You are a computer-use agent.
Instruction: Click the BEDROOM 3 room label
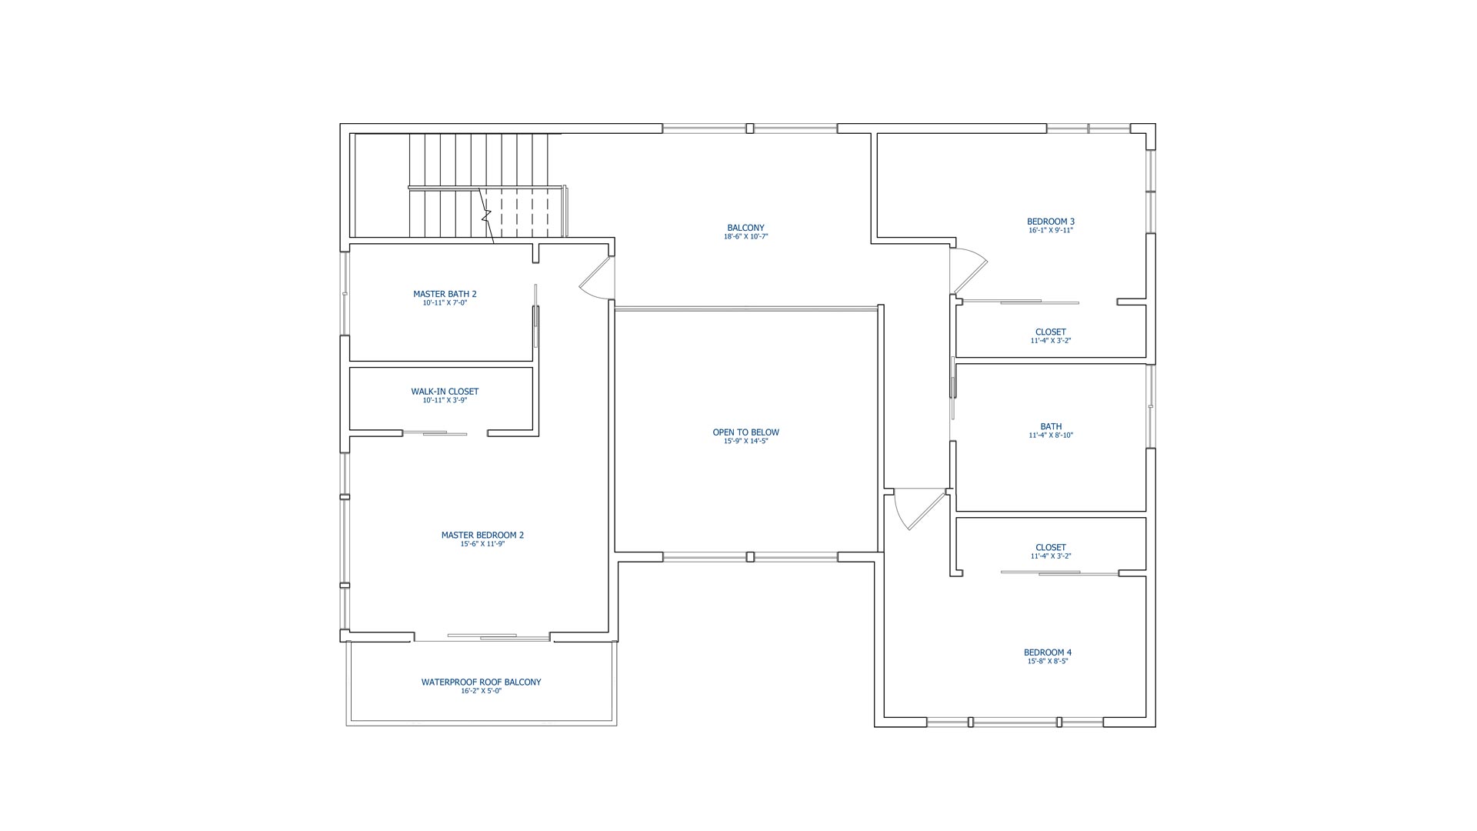pos(1051,222)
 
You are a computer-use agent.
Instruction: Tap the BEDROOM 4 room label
pos(1048,652)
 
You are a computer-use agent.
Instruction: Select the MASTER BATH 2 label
pos(445,294)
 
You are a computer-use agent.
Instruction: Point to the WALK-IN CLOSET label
pos(445,392)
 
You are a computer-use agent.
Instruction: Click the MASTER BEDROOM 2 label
pos(482,536)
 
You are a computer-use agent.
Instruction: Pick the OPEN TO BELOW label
pos(746,432)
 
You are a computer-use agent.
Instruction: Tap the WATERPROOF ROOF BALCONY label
pos(482,682)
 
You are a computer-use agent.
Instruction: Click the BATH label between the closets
pos(1051,426)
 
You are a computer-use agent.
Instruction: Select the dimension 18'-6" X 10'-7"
pos(746,237)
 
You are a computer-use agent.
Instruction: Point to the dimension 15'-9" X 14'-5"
pos(746,442)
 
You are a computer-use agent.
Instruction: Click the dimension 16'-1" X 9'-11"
pos(1051,231)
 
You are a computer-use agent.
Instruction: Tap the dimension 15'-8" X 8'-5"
pos(1048,662)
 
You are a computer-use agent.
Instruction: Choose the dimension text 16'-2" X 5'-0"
pos(482,692)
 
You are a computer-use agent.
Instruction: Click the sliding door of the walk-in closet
pos(435,433)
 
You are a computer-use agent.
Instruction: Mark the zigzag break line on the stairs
pos(487,216)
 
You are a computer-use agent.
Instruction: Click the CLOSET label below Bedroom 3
pos(1051,332)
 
